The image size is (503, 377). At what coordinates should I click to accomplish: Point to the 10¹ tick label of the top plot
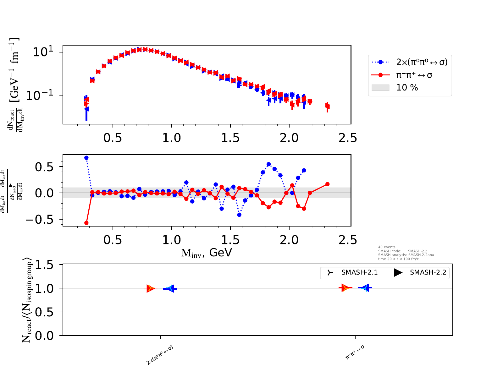[x=43, y=52]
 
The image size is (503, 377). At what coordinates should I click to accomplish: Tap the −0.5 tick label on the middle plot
[x=39, y=220]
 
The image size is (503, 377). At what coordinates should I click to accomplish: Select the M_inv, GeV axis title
[x=207, y=253]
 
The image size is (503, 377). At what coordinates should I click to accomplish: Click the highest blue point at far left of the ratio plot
[x=86, y=158]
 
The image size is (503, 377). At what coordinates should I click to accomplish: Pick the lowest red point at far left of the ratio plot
[x=86, y=223]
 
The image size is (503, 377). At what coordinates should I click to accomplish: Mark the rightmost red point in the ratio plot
[x=327, y=184]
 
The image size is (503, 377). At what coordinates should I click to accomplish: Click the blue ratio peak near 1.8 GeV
[x=268, y=164]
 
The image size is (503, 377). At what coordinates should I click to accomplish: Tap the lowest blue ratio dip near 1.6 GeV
[x=239, y=215]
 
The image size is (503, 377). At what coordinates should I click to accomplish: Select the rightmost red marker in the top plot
[x=327, y=107]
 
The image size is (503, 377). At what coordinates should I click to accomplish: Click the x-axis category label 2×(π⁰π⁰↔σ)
[x=160, y=355]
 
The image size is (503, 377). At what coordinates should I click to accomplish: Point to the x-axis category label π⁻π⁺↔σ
[x=355, y=352]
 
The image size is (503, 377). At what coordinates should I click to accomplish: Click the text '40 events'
[x=387, y=247]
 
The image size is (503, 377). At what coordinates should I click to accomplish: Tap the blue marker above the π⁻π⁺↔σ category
[x=365, y=288]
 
